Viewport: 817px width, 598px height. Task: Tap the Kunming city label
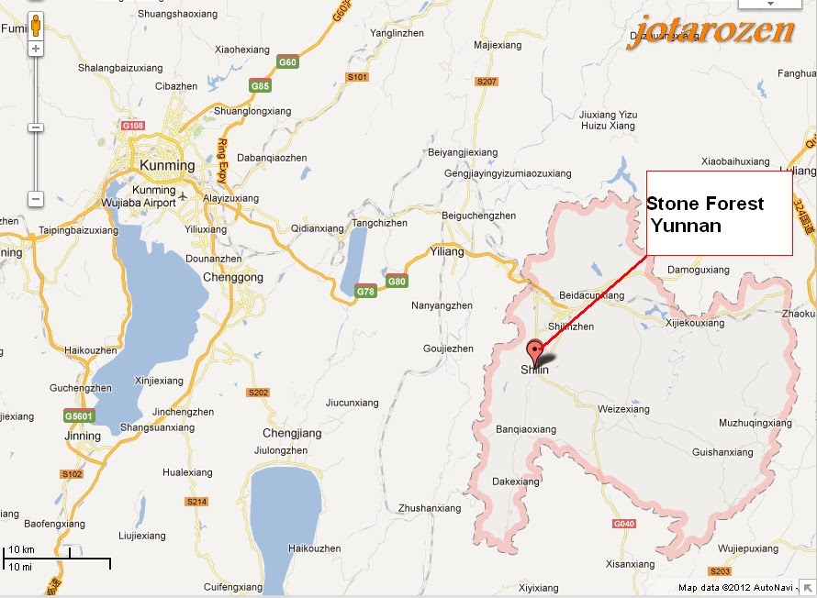(167, 166)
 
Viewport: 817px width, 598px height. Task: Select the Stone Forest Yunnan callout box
(719, 213)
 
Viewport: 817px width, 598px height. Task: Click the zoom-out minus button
(35, 198)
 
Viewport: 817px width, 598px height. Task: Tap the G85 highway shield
(261, 86)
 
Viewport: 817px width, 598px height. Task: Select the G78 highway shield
(365, 292)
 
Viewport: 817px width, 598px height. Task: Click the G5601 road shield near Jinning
(78, 415)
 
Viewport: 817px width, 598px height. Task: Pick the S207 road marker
(487, 82)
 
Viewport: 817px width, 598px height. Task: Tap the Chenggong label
(233, 277)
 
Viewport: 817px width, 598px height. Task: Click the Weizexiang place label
(623, 409)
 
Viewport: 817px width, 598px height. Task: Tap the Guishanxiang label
(722, 452)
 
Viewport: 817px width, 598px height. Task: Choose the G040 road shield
(624, 524)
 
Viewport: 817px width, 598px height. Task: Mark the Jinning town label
(84, 436)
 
